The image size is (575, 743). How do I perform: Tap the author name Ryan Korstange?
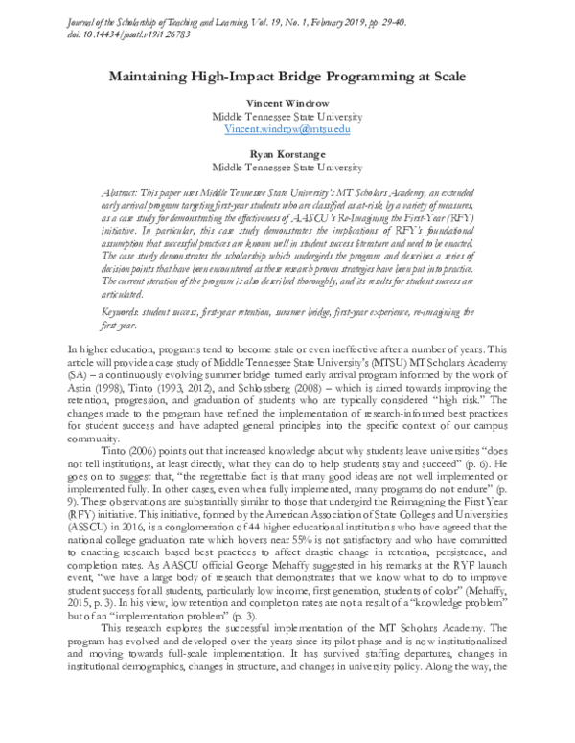(287, 152)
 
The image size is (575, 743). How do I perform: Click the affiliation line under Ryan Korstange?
(287, 165)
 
